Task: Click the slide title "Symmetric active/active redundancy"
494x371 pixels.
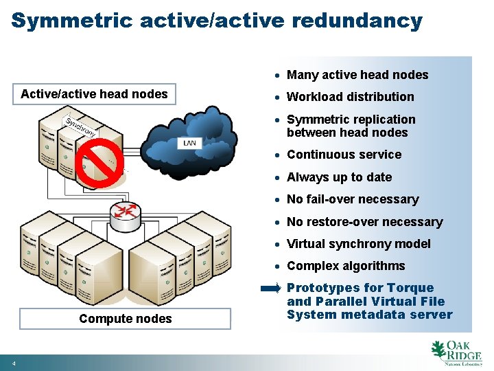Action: pos(217,21)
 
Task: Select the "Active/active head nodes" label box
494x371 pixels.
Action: pos(95,94)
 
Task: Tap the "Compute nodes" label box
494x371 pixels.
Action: pos(126,319)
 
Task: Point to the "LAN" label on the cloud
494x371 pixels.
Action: pos(190,143)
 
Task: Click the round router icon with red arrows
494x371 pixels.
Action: pos(125,211)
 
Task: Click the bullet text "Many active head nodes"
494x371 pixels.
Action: pos(357,75)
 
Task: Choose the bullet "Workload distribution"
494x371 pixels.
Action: pos(350,97)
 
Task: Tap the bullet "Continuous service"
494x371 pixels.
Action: pos(344,155)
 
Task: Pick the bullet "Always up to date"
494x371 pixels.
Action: pos(339,177)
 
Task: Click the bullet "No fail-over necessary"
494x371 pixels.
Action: pos(352,199)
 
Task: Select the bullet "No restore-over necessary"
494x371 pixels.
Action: pos(364,222)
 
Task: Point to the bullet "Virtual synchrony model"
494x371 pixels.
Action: pos(358,244)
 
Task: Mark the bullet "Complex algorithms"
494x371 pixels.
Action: pos(346,266)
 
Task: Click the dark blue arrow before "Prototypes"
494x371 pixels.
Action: pos(271,289)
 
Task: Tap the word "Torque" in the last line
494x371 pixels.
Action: pos(410,288)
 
